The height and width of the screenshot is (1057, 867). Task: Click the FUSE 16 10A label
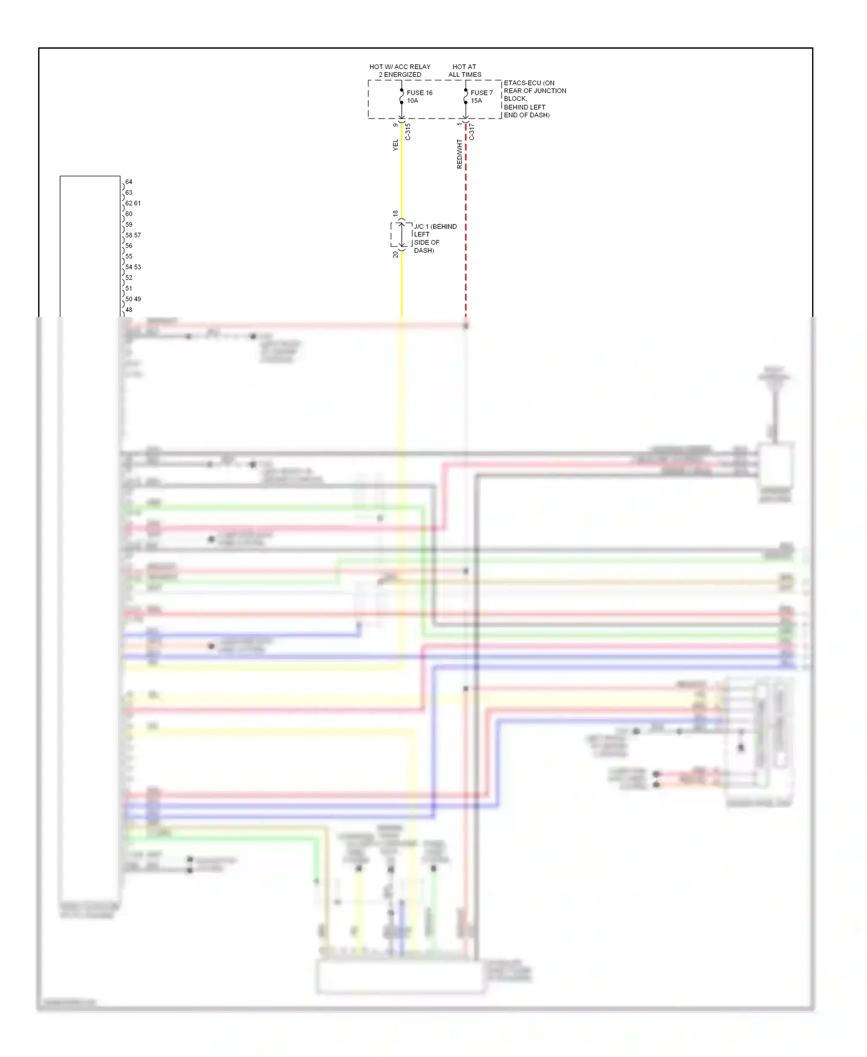click(x=419, y=97)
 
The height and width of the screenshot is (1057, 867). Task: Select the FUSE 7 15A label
click(x=481, y=97)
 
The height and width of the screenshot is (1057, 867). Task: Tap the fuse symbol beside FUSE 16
click(x=402, y=96)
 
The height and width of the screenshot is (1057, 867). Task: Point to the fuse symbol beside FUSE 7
click(x=465, y=96)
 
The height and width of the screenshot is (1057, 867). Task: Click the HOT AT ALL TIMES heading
click(x=465, y=71)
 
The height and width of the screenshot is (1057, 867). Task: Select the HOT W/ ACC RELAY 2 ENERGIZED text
click(x=400, y=71)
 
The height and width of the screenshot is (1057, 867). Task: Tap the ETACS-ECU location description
click(x=535, y=99)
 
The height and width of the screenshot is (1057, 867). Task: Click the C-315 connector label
click(x=407, y=132)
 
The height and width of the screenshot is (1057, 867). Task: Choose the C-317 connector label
click(x=471, y=132)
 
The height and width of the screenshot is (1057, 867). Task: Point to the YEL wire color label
click(x=395, y=145)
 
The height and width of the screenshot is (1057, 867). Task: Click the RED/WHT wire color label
click(x=460, y=154)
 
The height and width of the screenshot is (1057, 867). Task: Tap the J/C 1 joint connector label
click(x=435, y=238)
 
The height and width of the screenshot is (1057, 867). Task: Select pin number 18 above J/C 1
click(x=395, y=214)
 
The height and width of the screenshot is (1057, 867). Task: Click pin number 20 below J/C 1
click(x=395, y=254)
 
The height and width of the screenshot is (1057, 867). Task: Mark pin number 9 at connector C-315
click(x=395, y=125)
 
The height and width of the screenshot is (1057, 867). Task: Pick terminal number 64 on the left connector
click(x=129, y=182)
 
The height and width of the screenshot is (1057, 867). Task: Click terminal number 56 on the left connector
click(x=129, y=245)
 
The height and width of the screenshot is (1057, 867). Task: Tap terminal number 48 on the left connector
click(x=129, y=309)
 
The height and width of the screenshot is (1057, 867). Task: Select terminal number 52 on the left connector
click(x=129, y=278)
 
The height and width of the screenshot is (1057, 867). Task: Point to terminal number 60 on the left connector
click(x=129, y=213)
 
